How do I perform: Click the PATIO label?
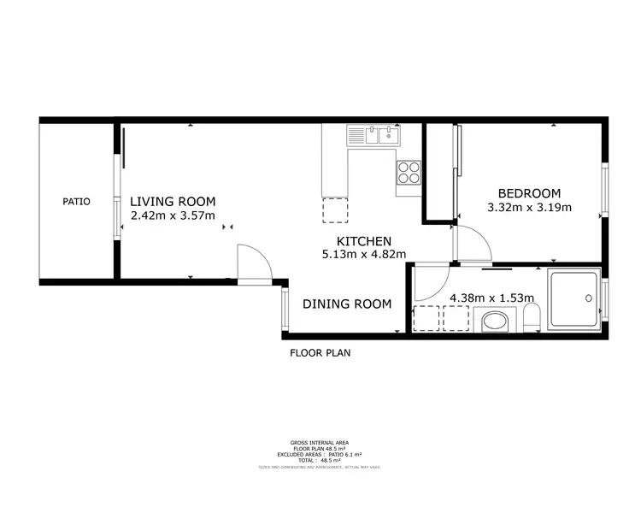pos(76,202)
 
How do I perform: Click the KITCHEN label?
pos(363,241)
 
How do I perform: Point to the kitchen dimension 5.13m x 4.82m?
pos(363,254)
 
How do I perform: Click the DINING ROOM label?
pos(347,304)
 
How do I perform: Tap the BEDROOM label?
pos(529,193)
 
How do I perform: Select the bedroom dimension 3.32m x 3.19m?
pos(529,207)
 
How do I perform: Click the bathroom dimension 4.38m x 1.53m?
pos(491,298)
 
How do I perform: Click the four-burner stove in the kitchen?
pos(409,173)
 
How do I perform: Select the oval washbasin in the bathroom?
pos(494,323)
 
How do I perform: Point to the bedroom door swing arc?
pos(473,245)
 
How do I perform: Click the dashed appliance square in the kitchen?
pos(335,210)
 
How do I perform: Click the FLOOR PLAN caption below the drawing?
pos(320,352)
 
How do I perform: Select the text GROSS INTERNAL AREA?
pos(320,443)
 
